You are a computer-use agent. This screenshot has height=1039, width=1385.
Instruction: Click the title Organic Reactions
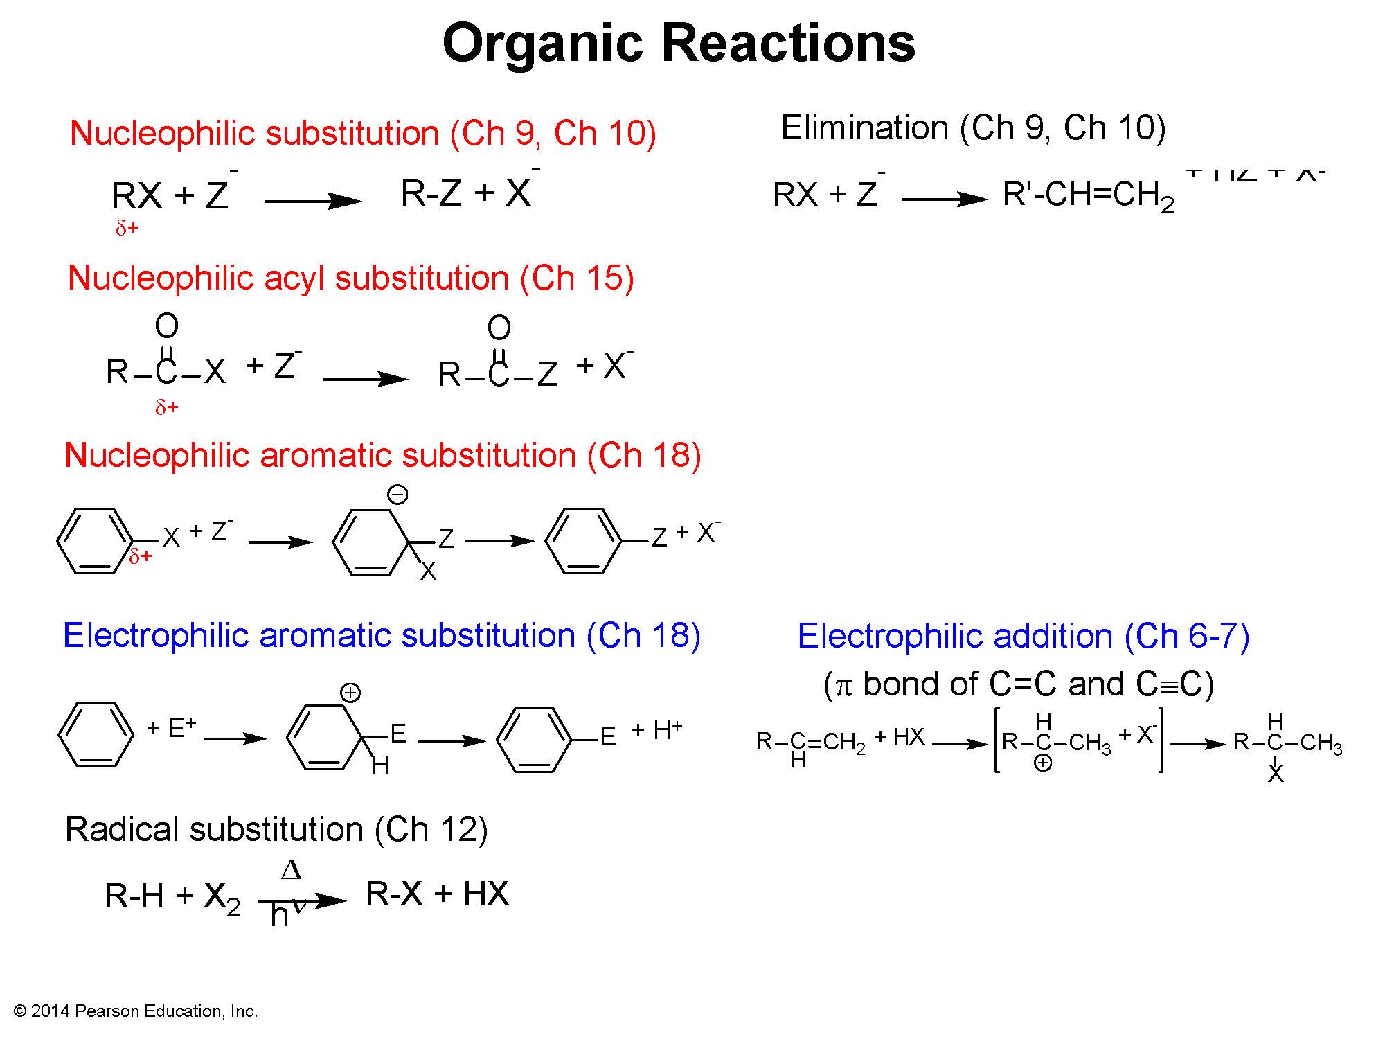679,43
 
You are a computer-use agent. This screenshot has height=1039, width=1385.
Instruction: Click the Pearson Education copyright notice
136,1011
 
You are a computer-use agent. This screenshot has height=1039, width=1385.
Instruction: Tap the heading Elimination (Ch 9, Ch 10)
973,128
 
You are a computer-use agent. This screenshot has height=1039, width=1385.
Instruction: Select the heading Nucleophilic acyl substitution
351,278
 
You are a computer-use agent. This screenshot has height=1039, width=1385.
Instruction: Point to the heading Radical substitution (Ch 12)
276,829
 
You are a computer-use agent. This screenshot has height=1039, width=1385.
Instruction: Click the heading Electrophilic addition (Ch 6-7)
1024,636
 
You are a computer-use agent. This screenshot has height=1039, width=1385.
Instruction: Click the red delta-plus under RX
127,228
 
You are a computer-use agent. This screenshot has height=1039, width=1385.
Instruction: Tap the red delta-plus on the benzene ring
141,556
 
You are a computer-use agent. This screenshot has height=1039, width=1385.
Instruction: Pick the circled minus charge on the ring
397,495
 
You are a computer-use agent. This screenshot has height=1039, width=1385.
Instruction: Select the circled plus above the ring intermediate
350,693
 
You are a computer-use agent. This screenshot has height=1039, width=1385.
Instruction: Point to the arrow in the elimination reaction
945,199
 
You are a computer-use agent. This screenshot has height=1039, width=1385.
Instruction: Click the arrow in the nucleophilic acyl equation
365,379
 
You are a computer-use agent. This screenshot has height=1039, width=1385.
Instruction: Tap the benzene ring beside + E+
96,734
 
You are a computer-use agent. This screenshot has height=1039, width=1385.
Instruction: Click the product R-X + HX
437,894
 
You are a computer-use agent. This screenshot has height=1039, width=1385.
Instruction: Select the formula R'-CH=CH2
1088,196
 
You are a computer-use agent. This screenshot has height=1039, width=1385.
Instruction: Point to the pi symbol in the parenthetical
843,685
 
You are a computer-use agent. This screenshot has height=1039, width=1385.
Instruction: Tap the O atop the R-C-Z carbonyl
499,328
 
